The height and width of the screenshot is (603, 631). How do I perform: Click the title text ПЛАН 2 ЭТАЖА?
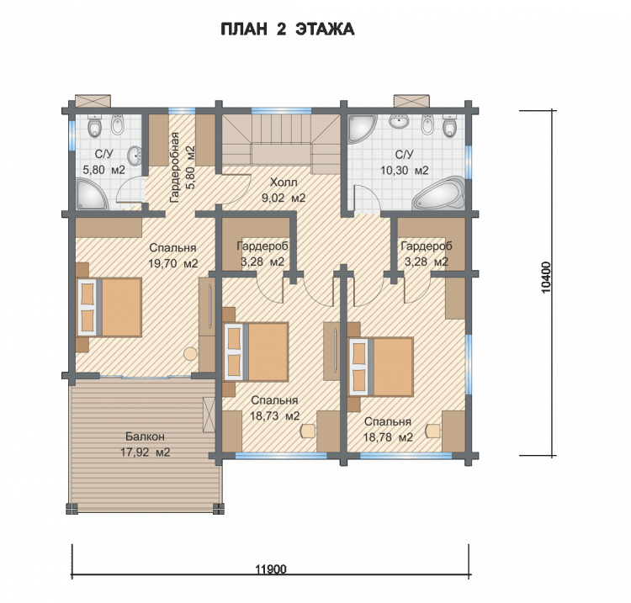(x=288, y=29)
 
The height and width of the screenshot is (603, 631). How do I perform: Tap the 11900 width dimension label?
(x=271, y=569)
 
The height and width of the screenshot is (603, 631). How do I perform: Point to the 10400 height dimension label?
(x=546, y=278)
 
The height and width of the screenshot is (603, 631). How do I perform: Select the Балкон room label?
(x=145, y=436)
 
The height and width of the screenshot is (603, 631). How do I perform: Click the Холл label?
(x=284, y=182)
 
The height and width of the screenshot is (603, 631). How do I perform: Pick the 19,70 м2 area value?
(x=173, y=263)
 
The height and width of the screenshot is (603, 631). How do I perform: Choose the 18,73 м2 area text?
(x=275, y=415)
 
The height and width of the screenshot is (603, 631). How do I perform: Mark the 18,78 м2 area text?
(x=388, y=436)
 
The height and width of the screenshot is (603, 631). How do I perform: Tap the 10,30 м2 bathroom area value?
(x=405, y=170)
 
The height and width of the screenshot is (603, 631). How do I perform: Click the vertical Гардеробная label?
(x=174, y=167)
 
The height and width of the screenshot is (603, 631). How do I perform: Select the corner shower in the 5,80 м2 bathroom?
(x=92, y=195)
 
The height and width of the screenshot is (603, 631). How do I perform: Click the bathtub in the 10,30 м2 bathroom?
(x=439, y=193)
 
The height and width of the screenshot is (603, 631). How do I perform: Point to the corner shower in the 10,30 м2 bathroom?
(x=362, y=129)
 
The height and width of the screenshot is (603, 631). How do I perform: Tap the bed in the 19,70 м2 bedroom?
(x=109, y=307)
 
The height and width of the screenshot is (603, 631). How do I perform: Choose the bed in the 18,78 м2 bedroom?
(x=381, y=367)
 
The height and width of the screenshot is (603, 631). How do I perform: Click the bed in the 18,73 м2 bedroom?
(x=257, y=352)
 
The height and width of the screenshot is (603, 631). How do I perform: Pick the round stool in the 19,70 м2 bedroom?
(x=190, y=354)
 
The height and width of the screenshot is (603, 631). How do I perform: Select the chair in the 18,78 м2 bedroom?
(x=433, y=431)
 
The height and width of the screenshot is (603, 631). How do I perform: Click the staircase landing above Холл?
(x=281, y=155)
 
